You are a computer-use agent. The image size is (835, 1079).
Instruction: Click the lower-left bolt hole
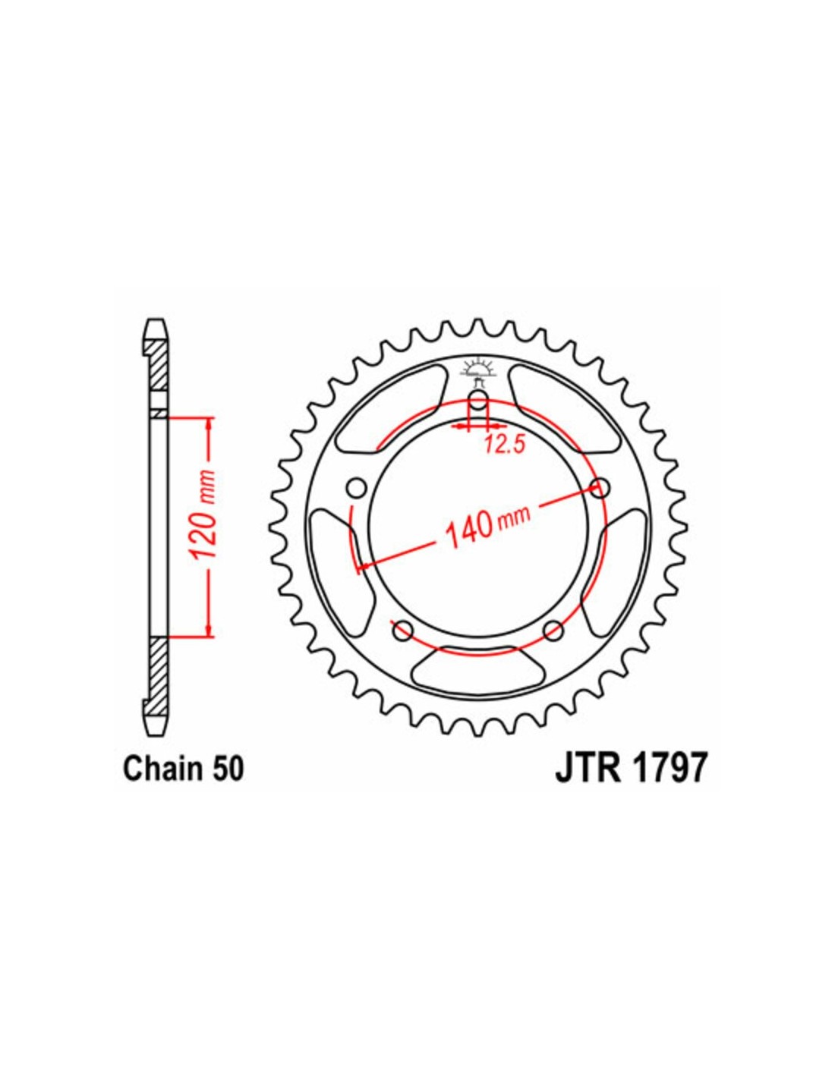click(403, 631)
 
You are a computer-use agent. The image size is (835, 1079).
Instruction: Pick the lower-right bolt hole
click(553, 631)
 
